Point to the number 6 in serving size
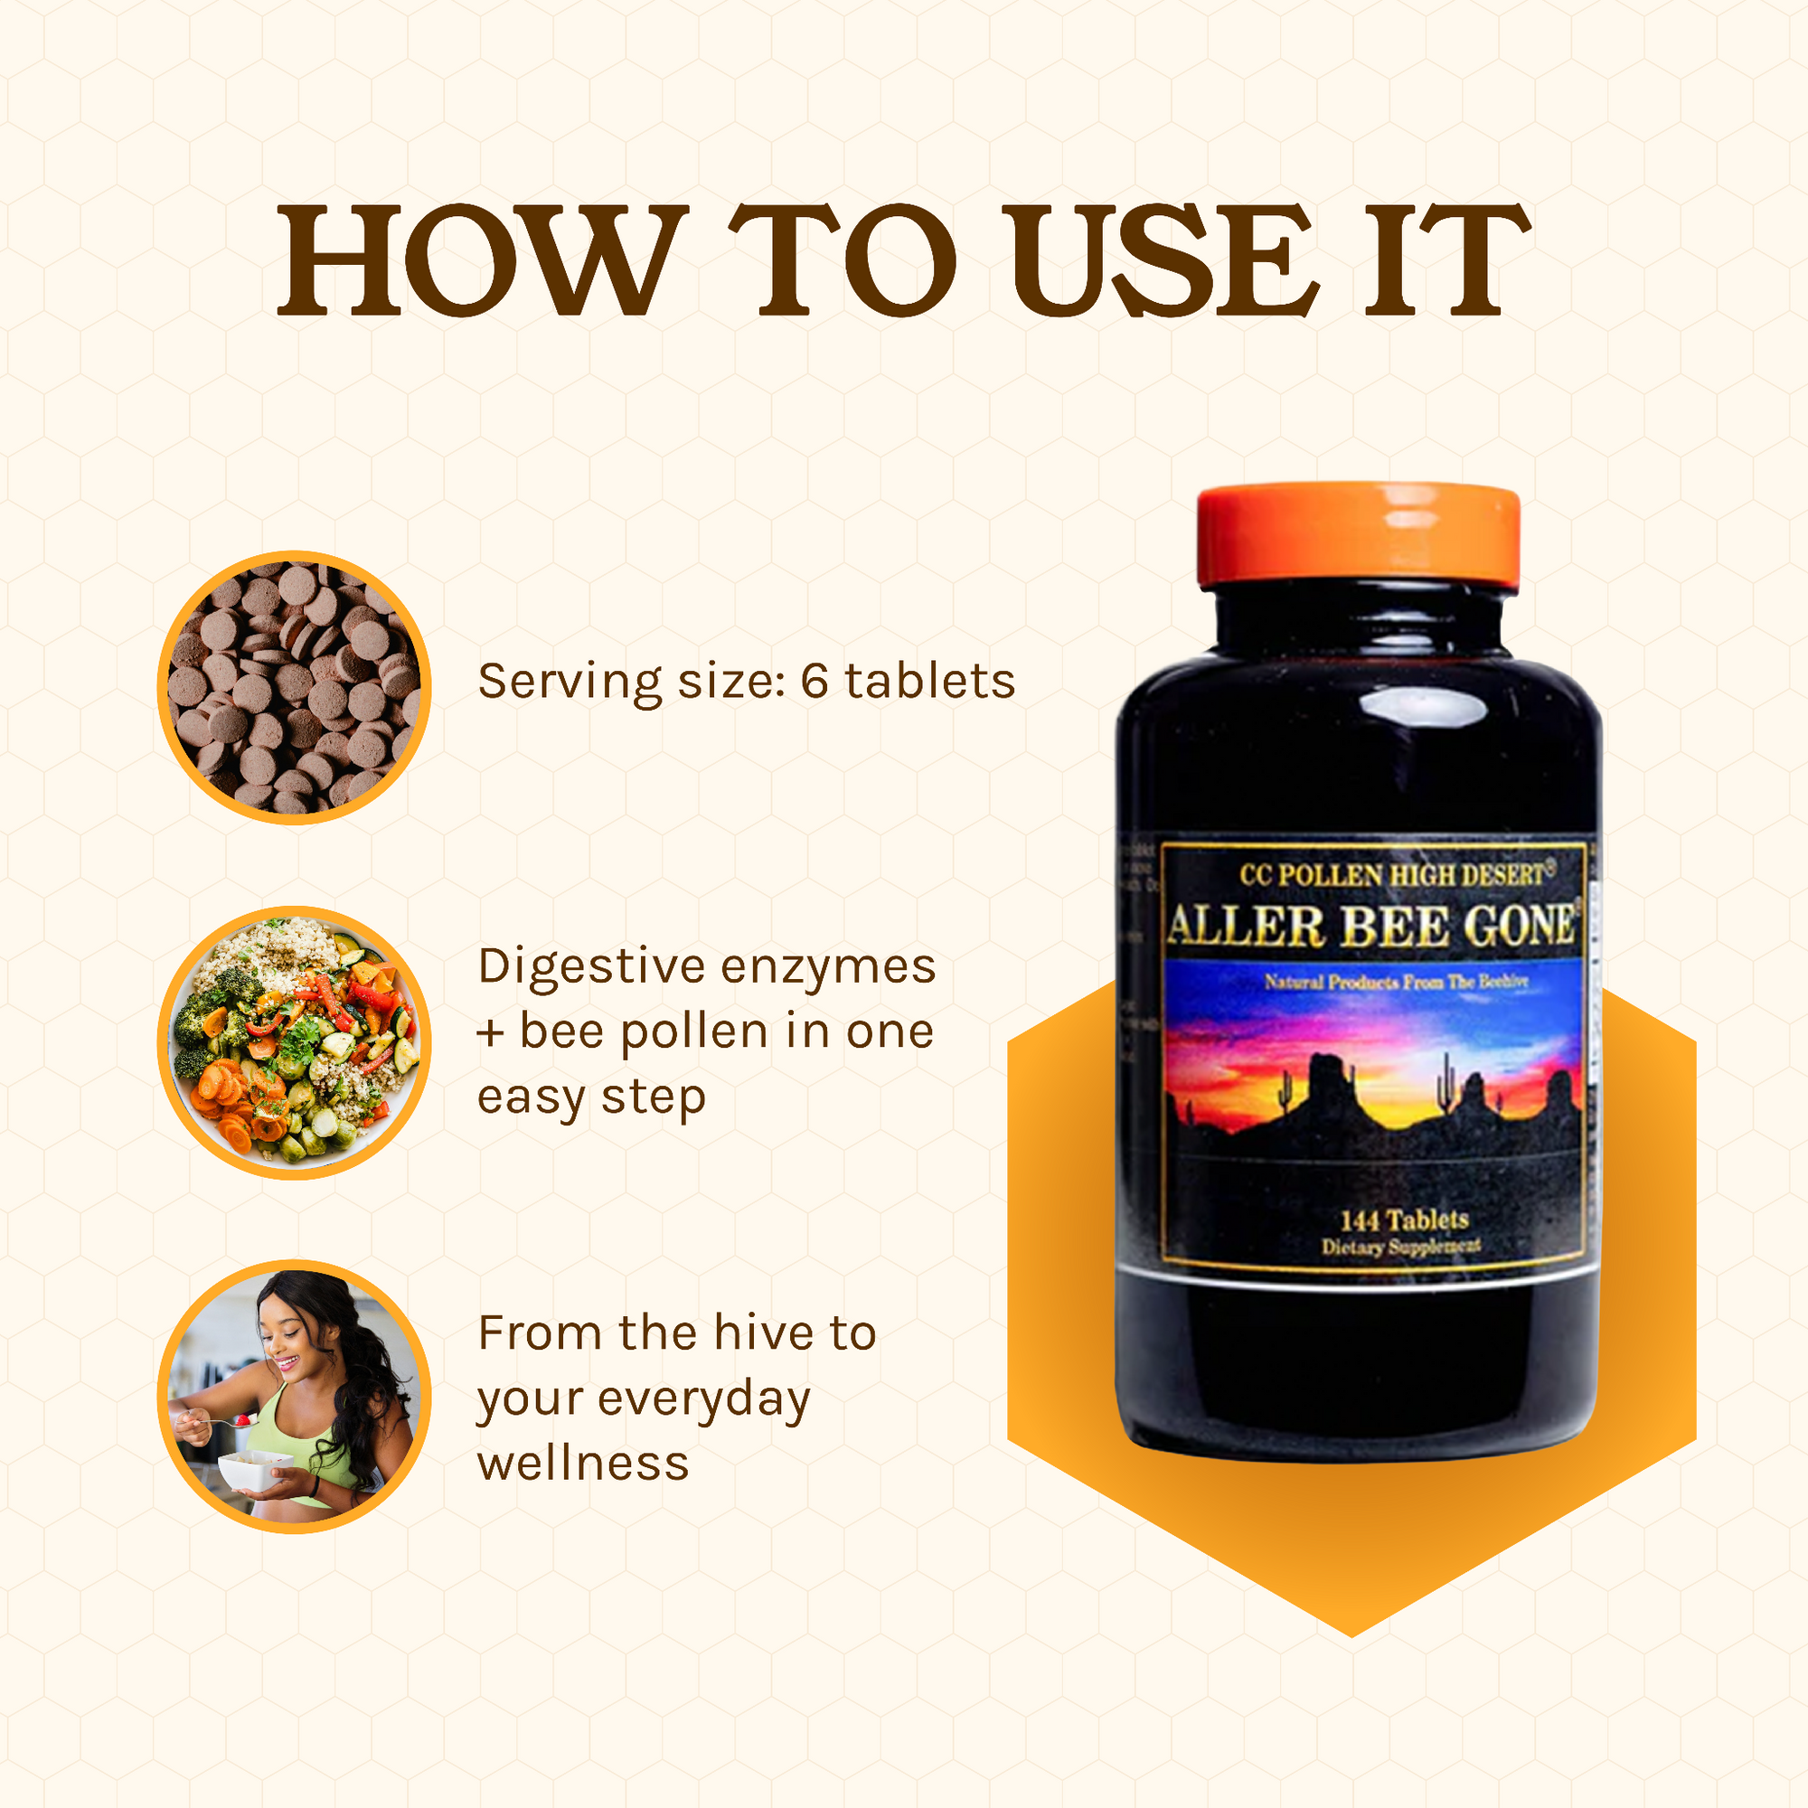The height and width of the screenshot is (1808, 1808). tap(815, 682)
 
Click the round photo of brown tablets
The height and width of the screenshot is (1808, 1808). tap(294, 688)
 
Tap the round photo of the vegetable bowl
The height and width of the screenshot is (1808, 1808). tap(294, 1042)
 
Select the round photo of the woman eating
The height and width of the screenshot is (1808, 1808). tap(294, 1398)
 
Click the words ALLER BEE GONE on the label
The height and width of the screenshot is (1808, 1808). tap(1372, 928)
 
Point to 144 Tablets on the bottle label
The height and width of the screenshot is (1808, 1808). tap(1404, 1220)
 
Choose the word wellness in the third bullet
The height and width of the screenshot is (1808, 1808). tap(583, 1464)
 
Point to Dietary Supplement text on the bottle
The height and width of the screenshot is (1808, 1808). tap(1400, 1247)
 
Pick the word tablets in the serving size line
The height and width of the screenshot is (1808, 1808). tap(929, 682)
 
